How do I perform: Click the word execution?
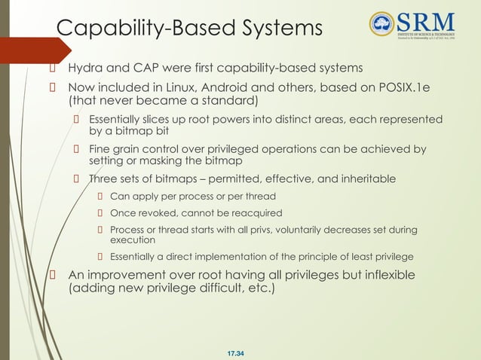(133, 240)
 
